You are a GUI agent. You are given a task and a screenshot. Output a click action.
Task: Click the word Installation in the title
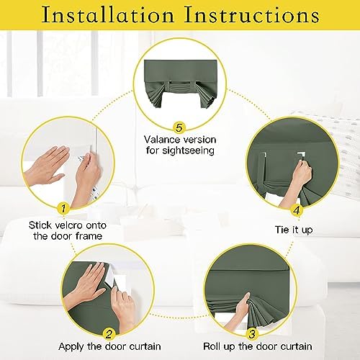[108, 15]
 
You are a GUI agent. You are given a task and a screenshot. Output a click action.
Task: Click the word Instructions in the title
[251, 15]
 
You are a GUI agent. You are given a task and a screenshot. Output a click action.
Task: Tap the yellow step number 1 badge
[63, 208]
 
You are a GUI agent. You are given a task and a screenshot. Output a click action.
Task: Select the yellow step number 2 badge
[109, 334]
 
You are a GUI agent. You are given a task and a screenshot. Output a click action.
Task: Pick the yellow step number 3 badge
[252, 334]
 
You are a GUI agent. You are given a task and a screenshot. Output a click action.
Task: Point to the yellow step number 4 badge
[297, 210]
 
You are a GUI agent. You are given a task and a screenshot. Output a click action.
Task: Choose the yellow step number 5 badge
[179, 127]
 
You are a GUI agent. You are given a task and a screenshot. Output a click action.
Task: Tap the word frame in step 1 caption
[89, 236]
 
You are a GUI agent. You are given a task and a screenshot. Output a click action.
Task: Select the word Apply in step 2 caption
[71, 347]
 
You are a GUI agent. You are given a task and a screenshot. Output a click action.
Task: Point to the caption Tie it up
[294, 230]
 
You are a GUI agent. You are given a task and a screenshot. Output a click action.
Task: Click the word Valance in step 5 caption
[162, 140]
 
